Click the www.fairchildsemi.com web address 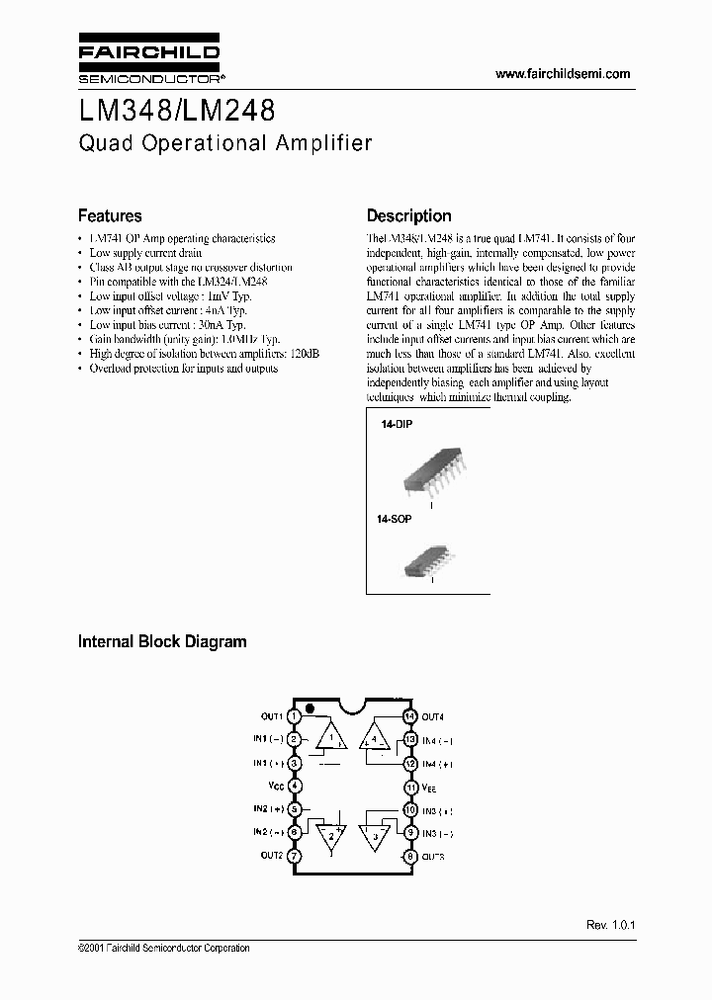pos(562,74)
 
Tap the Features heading pos(110,215)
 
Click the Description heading pos(408,215)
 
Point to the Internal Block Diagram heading pos(162,641)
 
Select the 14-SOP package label pos(397,517)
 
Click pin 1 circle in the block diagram pos(294,715)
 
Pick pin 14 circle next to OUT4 pos(408,715)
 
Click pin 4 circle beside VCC pos(294,787)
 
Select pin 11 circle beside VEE pos(408,787)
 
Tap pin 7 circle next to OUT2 pos(294,856)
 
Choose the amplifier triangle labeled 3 pos(375,836)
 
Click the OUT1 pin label pos(272,715)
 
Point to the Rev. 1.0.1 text pos(608,925)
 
